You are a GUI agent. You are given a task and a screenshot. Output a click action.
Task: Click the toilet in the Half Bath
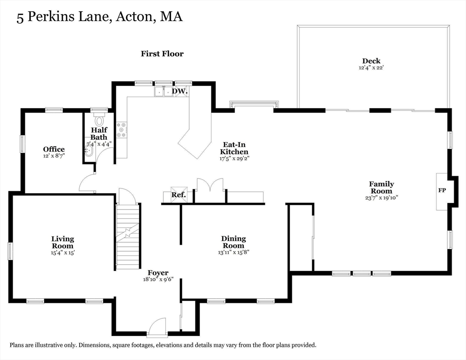pos(99,120)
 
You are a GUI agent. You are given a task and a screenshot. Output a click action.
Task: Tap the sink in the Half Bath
pos(88,150)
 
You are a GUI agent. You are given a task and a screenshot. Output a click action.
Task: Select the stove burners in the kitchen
pos(121,130)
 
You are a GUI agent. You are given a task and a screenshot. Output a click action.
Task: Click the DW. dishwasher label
pos(180,91)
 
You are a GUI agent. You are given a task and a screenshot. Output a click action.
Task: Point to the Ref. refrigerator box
pos(179,195)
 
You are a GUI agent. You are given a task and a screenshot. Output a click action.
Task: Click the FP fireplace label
pos(442,191)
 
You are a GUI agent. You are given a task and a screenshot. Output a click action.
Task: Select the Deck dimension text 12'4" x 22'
pos(371,67)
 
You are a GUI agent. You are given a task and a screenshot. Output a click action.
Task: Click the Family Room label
pos(381,187)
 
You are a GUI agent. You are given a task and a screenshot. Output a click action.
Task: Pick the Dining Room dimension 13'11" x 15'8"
pos(233,252)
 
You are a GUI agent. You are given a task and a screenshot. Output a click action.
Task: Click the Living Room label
pos(62,242)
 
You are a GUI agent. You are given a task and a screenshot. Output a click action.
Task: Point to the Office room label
pos(54,150)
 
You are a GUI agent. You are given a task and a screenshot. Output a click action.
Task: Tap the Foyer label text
pos(158,273)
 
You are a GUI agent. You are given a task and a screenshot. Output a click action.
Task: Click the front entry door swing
pos(157,327)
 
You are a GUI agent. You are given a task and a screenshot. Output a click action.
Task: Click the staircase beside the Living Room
pos(128,236)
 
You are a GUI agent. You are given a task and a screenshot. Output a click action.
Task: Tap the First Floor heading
pos(162,54)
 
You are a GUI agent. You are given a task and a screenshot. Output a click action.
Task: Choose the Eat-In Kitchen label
pos(234,149)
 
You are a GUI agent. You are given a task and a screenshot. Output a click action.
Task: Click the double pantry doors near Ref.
pos(210,186)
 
